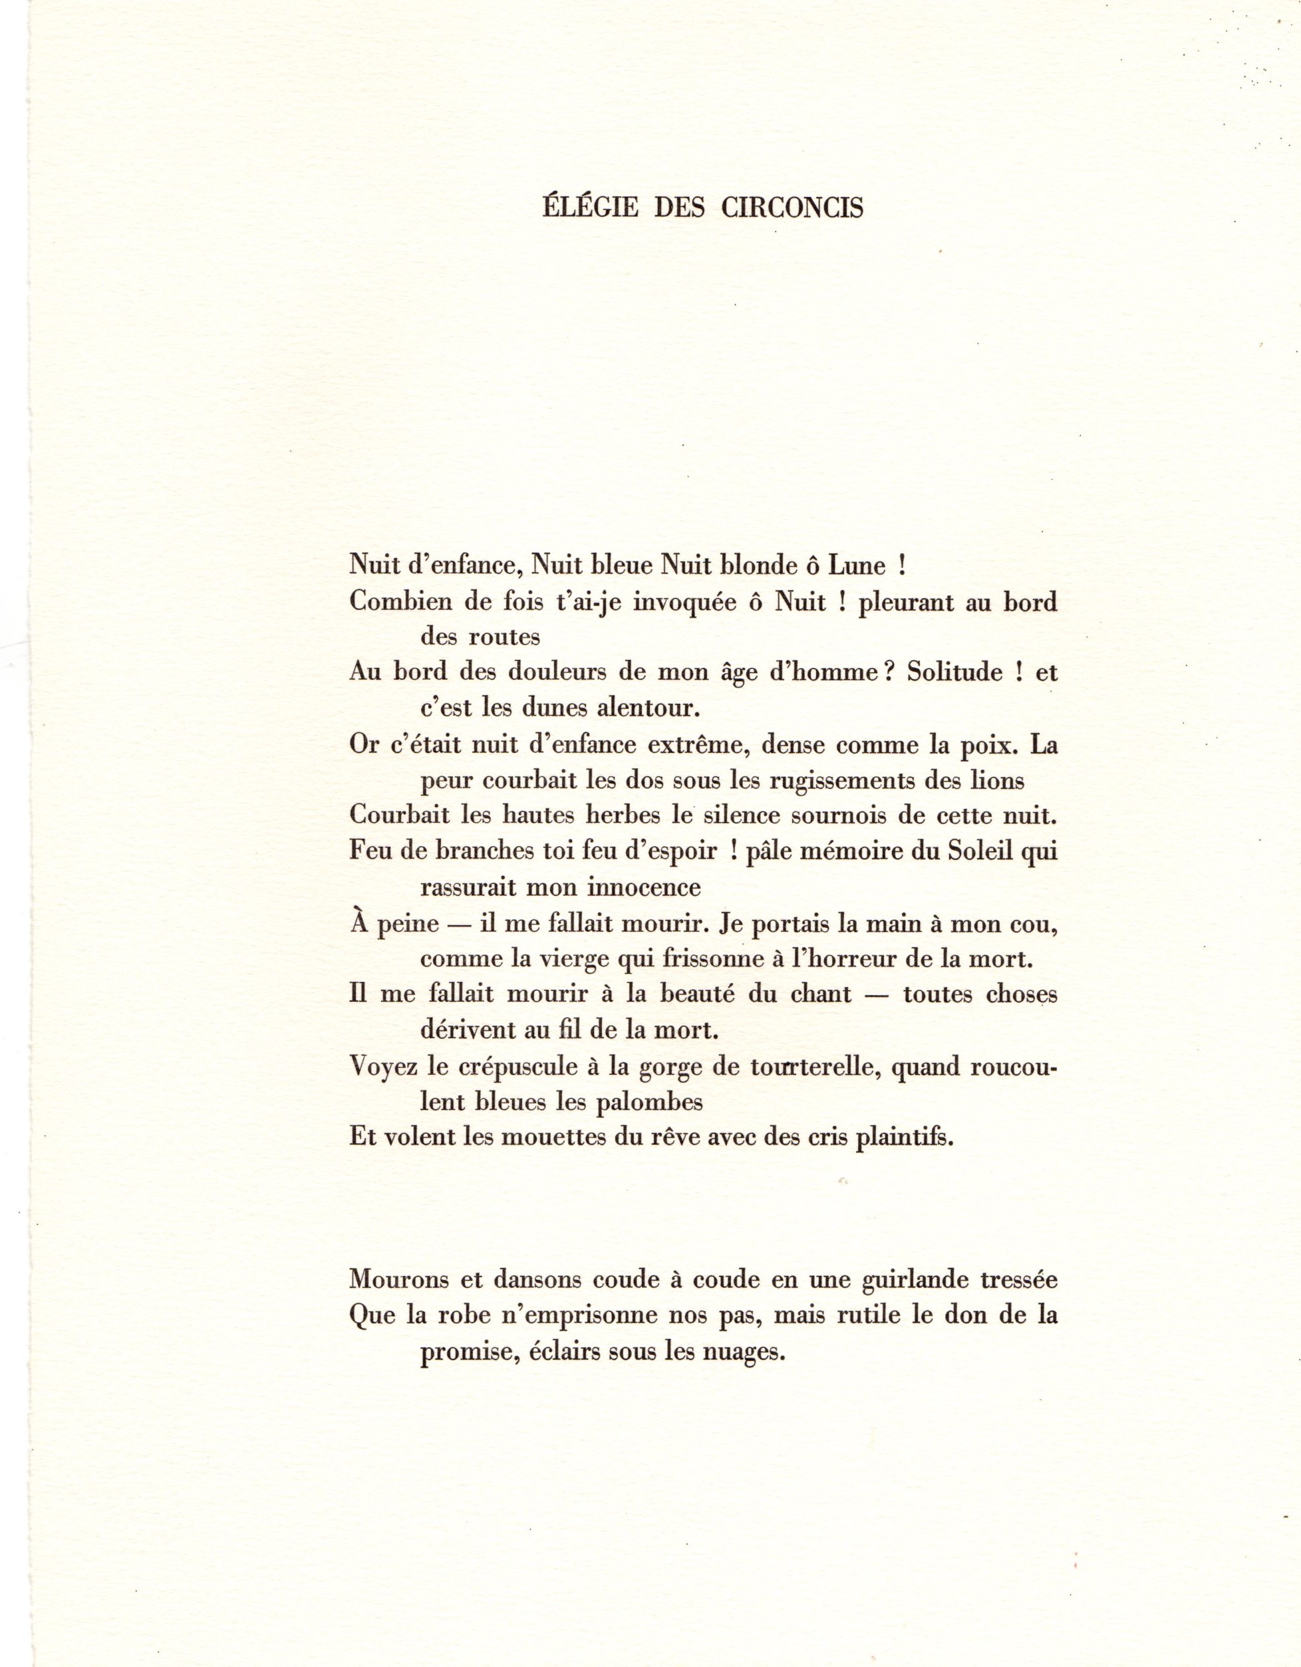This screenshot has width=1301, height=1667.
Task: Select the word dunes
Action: tap(556, 708)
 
